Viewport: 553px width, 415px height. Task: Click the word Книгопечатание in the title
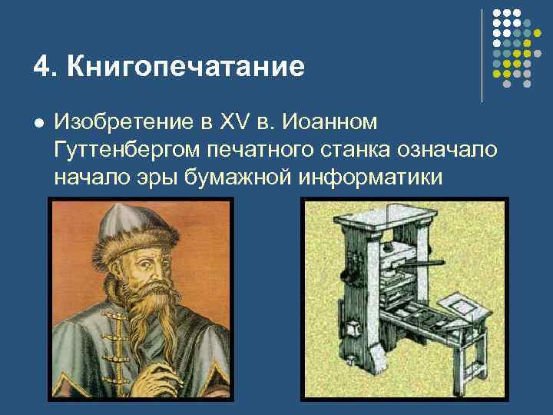186,67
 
